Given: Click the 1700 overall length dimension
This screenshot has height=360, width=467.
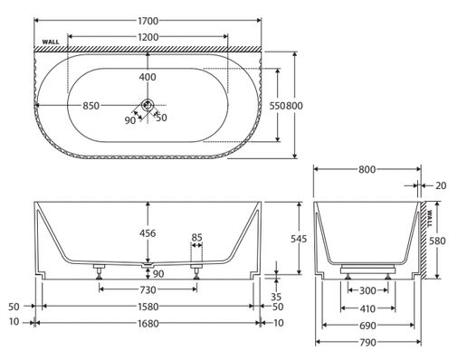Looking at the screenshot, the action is pyautogui.click(x=148, y=21).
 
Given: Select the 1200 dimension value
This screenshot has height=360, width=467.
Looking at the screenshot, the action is pyautogui.click(x=148, y=37).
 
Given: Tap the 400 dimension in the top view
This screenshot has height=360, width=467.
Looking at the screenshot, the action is pyautogui.click(x=148, y=77).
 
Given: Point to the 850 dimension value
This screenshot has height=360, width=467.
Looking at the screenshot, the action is pyautogui.click(x=91, y=106).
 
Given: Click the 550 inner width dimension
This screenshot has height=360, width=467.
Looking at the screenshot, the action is pyautogui.click(x=277, y=106).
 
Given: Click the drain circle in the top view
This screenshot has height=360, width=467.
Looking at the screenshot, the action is pyautogui.click(x=148, y=105).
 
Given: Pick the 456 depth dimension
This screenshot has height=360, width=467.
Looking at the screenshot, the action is pyautogui.click(x=148, y=233).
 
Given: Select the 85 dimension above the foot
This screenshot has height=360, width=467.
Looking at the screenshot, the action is pyautogui.click(x=196, y=238).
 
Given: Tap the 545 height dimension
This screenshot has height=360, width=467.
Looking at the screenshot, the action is pyautogui.click(x=299, y=239).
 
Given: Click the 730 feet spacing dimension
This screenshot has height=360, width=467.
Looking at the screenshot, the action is pyautogui.click(x=148, y=290).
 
